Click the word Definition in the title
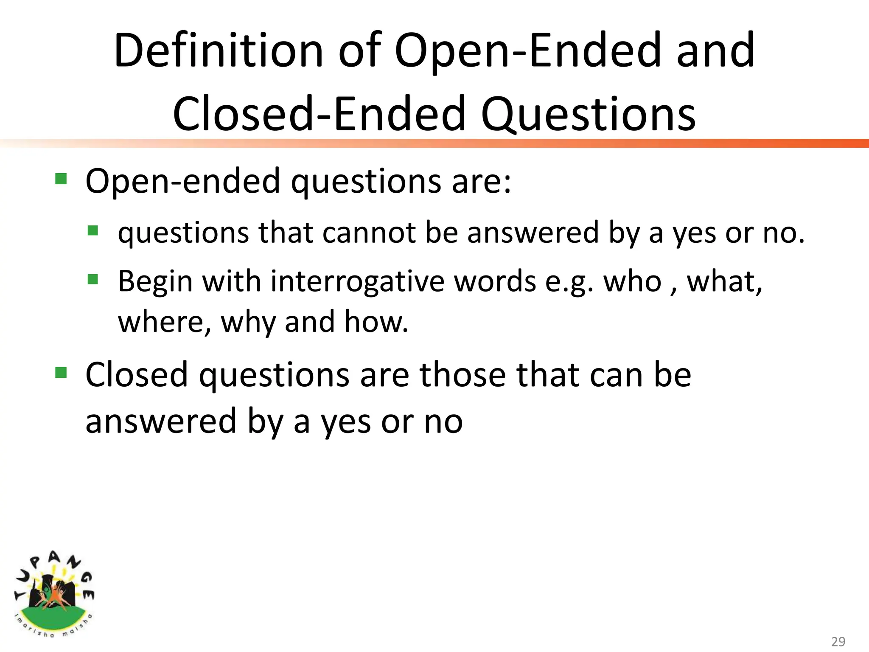click(x=219, y=51)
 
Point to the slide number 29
click(x=838, y=641)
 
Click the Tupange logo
click(x=54, y=594)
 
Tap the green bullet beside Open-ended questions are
click(x=61, y=179)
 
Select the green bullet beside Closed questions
click(x=61, y=372)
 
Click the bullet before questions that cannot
click(x=93, y=231)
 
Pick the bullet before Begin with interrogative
click(x=93, y=279)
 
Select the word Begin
click(x=155, y=282)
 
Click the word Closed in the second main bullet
click(x=136, y=375)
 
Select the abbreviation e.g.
click(x=569, y=282)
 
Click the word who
click(x=632, y=281)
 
